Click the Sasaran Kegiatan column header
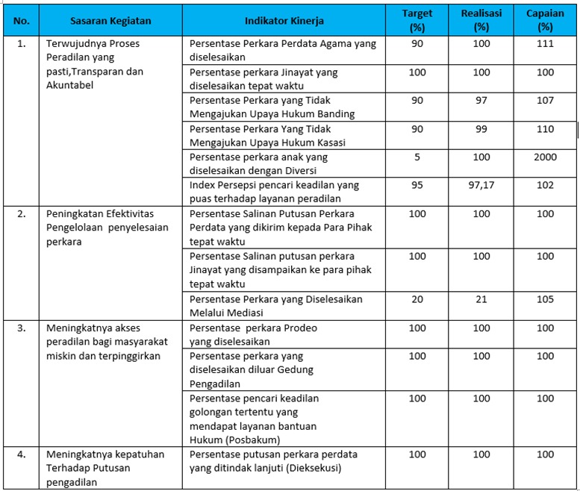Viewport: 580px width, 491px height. pyautogui.click(x=110, y=21)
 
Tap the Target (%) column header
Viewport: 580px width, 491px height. pyautogui.click(x=417, y=20)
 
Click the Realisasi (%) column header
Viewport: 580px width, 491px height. pyautogui.click(x=481, y=20)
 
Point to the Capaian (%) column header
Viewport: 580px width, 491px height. pyautogui.click(x=545, y=20)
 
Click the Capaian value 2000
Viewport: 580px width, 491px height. pyautogui.click(x=545, y=157)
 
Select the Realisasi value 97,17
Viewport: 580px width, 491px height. pyautogui.click(x=481, y=186)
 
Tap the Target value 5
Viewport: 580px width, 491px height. pyautogui.click(x=417, y=157)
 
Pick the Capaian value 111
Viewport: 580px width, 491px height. pyautogui.click(x=545, y=44)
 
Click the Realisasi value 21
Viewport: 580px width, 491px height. pyautogui.click(x=481, y=299)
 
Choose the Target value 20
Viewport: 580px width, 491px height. pyautogui.click(x=417, y=299)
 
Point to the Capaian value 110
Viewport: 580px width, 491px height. pyautogui.click(x=545, y=129)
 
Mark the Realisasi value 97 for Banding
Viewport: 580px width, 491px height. pyautogui.click(x=481, y=101)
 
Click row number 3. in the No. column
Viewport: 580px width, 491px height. pyautogui.click(x=22, y=328)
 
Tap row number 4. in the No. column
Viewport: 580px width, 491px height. pyautogui.click(x=22, y=454)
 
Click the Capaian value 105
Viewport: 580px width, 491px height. pyautogui.click(x=545, y=299)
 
